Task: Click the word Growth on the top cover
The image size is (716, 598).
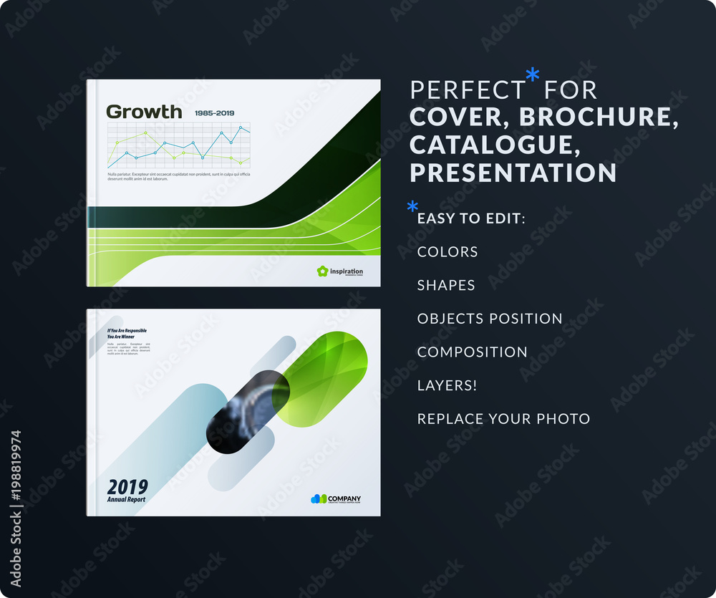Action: click(144, 112)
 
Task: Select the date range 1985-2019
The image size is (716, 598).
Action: click(214, 113)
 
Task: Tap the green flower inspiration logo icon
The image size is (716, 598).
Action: click(322, 271)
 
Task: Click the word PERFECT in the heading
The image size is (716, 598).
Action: click(468, 90)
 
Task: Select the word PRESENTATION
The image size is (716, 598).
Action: click(513, 173)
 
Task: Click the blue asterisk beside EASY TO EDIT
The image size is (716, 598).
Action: click(412, 208)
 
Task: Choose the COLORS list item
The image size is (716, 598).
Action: click(447, 251)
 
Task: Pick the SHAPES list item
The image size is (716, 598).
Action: click(446, 285)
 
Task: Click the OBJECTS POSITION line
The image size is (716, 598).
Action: click(490, 319)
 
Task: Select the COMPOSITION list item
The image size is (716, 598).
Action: click(472, 352)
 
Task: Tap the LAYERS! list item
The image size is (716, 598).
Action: click(447, 385)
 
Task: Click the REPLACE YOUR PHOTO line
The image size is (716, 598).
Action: click(503, 419)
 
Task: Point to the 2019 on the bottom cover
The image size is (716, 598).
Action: click(127, 486)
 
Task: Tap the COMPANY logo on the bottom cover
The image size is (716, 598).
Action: click(336, 499)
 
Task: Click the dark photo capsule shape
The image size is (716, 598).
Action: click(247, 410)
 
